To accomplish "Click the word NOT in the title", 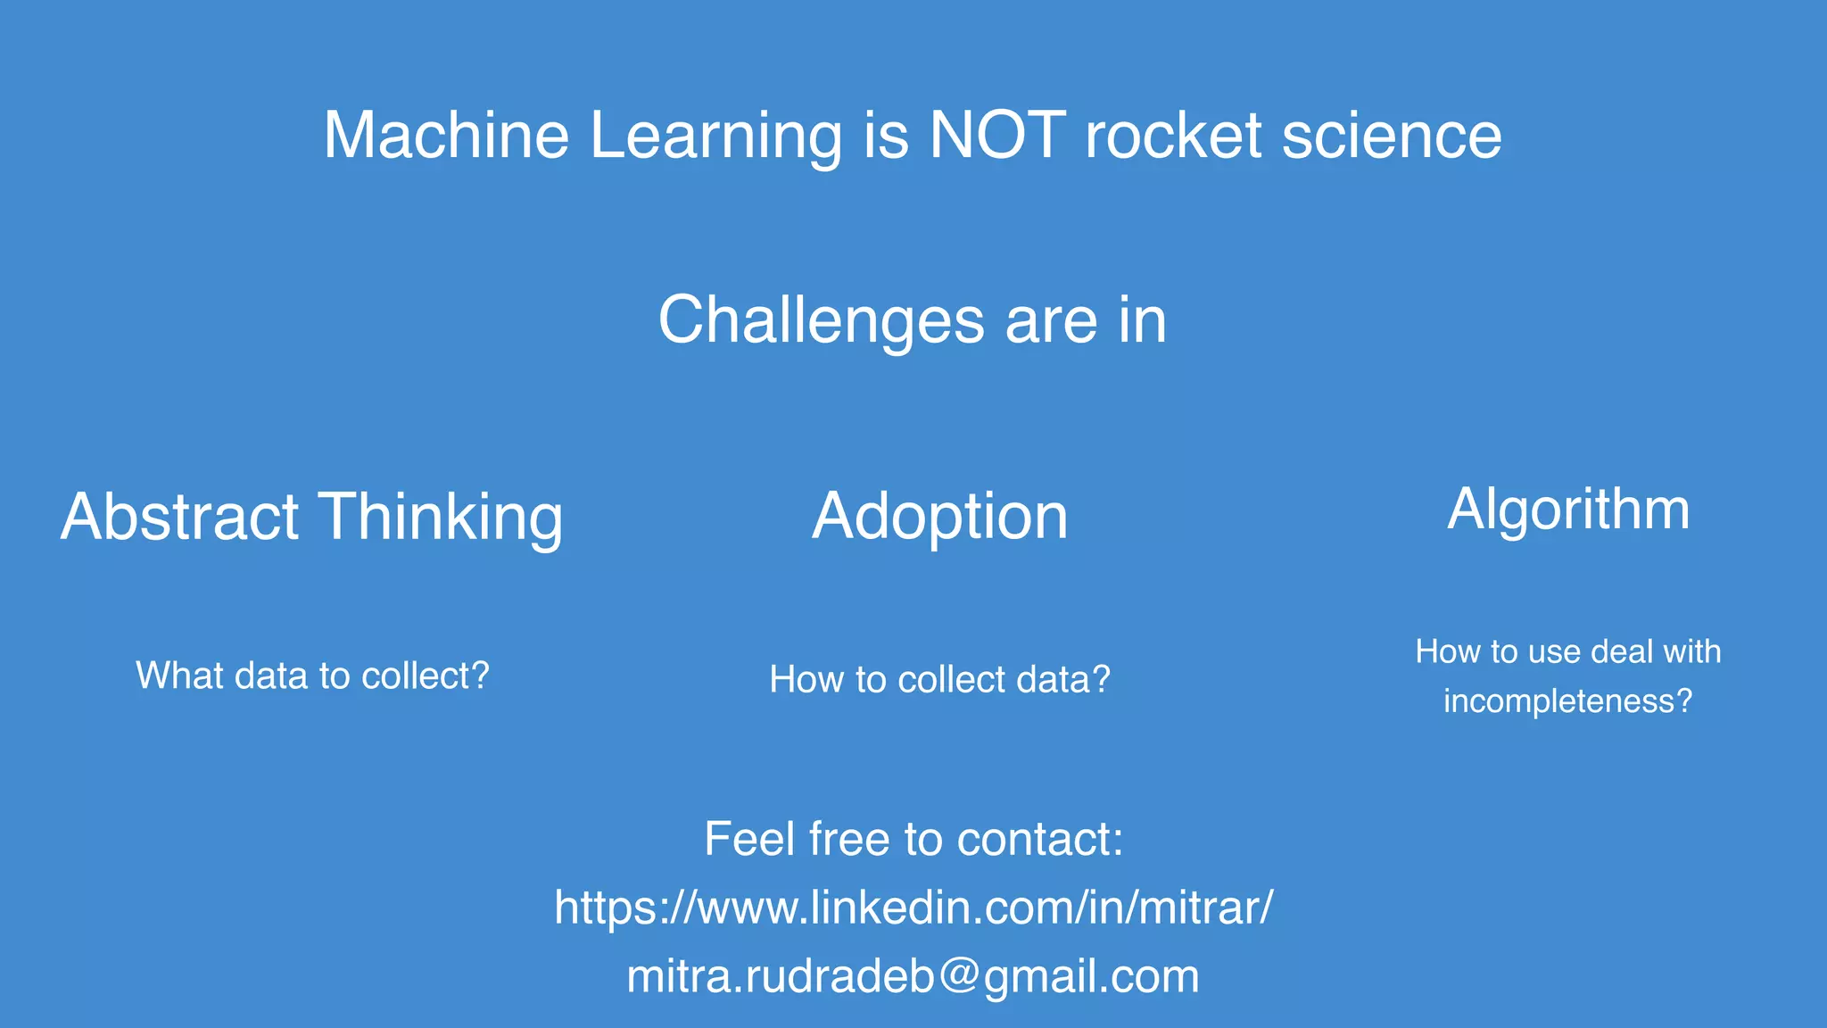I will coord(996,136).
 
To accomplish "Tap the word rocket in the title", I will coord(1172,136).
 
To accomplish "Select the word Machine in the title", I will coord(446,136).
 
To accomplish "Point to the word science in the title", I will coord(1392,136).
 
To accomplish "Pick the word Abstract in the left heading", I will coord(179,517).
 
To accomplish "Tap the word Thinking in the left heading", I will coord(441,518).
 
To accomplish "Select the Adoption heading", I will coord(939,517).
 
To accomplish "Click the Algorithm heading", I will coord(1568,510).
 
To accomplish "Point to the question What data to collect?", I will coord(312,676).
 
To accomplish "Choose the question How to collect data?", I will coord(939,680).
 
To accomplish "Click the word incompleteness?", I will coord(1567,701).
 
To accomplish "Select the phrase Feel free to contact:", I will coord(913,839).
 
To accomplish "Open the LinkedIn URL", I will coord(913,908).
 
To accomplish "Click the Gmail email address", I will coord(913,976).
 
